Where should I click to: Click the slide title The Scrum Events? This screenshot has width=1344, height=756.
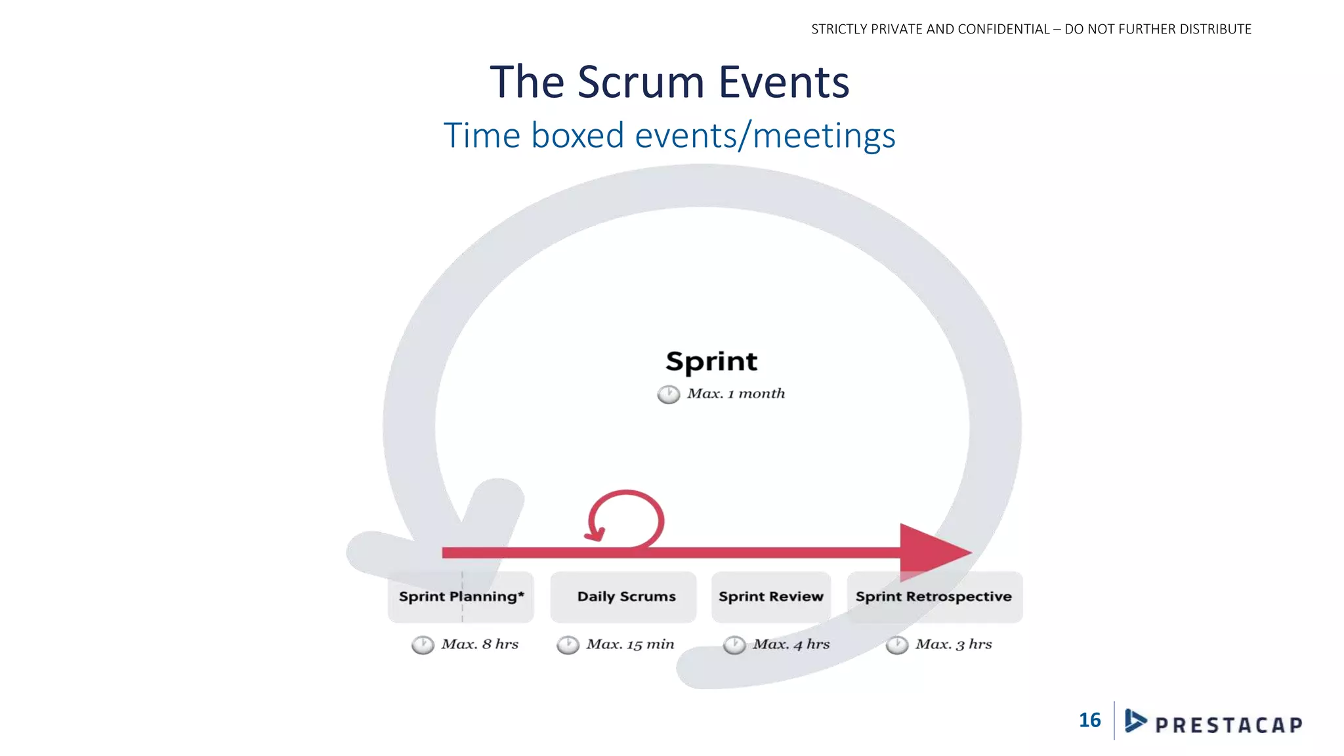(669, 82)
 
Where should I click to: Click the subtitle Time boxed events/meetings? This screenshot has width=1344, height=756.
(669, 136)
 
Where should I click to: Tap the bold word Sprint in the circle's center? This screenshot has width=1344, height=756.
(711, 362)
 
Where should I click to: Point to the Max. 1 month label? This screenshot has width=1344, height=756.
(736, 394)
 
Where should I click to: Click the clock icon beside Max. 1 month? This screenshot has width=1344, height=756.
(669, 394)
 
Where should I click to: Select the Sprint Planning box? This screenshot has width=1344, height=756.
(461, 597)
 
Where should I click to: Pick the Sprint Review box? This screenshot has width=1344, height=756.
(771, 597)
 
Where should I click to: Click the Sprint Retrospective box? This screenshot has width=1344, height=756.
(934, 597)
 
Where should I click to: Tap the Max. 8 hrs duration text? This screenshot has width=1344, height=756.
(480, 644)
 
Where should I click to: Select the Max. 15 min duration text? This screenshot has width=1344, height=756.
(630, 644)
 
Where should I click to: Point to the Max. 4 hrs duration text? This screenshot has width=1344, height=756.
(791, 644)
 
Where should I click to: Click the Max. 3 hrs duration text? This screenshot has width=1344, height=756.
(954, 644)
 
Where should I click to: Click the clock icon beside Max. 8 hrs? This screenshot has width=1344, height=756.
(423, 645)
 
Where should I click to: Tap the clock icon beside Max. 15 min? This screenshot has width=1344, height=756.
(568, 645)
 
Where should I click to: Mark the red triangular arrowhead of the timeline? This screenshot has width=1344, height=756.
(932, 552)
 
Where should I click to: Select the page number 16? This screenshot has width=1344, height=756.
(1089, 721)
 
